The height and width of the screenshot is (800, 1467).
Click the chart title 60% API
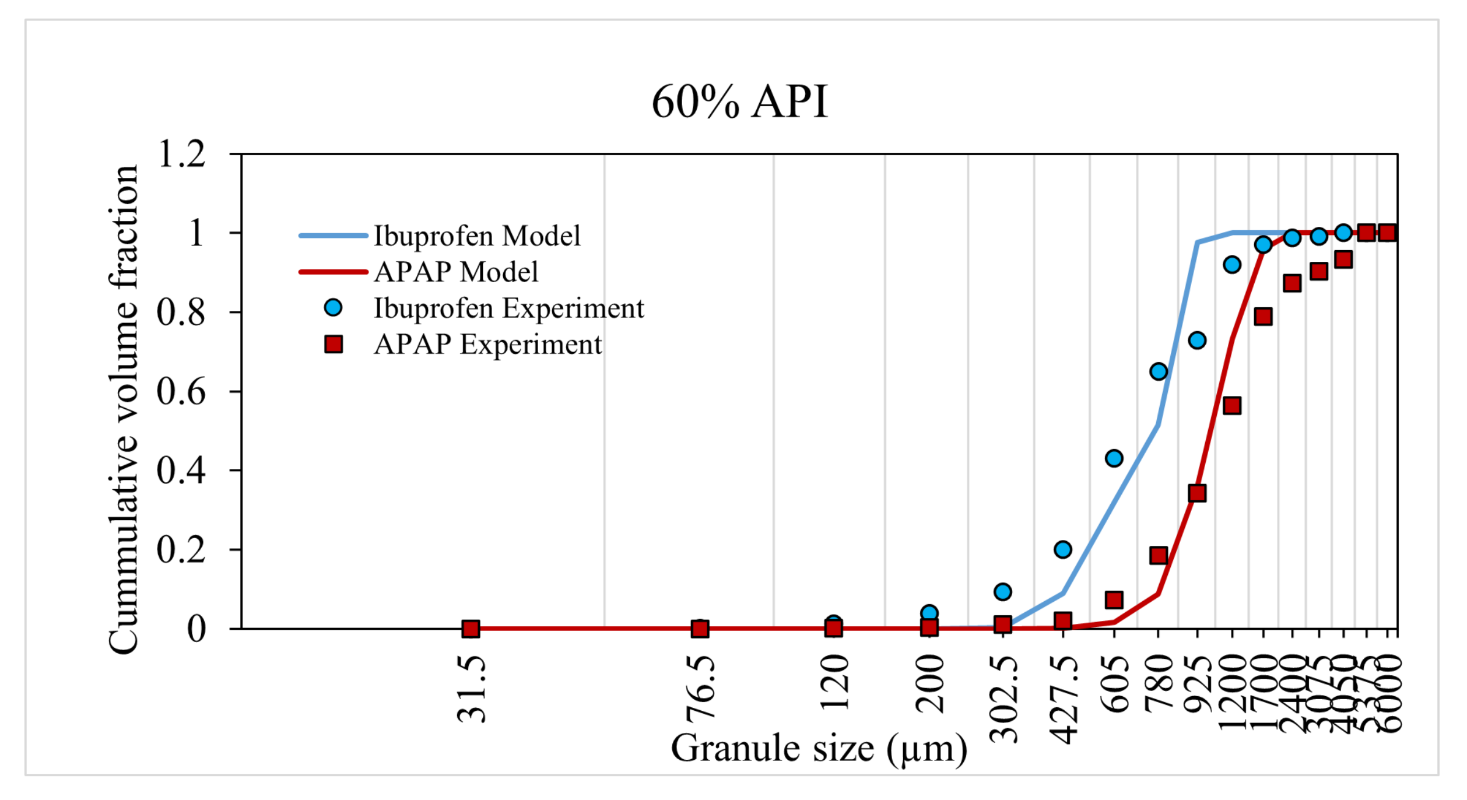[x=739, y=102]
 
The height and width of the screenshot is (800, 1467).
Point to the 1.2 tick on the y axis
[x=182, y=155]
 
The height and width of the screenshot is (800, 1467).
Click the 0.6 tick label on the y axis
[x=181, y=391]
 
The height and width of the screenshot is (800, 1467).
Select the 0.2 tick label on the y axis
[x=181, y=549]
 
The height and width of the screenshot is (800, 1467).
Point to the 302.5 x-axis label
[x=1003, y=699]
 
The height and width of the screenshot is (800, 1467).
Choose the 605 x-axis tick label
[x=1114, y=683]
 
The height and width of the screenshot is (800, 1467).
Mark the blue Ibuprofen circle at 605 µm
[x=1114, y=458]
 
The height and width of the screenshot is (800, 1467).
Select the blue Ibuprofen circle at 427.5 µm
[x=1063, y=550]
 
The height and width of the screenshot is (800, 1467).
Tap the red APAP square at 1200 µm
[x=1232, y=406]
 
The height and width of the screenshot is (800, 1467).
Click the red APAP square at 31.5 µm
[x=471, y=629]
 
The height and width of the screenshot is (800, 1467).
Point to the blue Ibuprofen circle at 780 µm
[x=1159, y=372]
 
